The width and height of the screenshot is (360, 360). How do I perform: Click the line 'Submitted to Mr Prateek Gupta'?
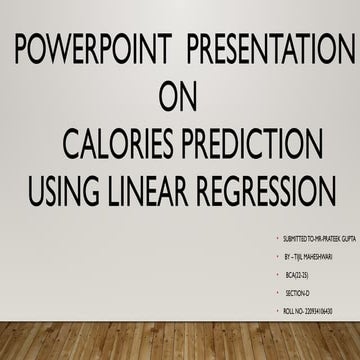(x=320, y=240)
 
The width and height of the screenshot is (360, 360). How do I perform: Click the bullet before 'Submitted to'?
(x=276, y=240)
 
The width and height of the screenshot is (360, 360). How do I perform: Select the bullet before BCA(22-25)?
(x=280, y=275)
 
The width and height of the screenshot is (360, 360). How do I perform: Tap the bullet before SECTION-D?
(x=279, y=293)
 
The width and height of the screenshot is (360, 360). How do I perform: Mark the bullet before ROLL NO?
(x=279, y=311)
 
